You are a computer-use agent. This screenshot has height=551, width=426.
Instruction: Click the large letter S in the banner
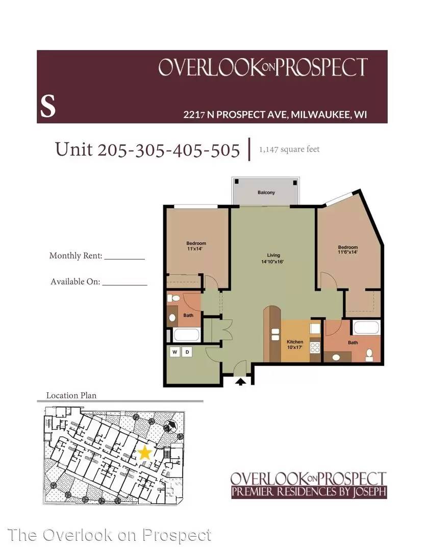pyautogui.click(x=47, y=107)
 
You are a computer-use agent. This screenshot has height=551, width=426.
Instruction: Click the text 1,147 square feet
pyautogui.click(x=289, y=149)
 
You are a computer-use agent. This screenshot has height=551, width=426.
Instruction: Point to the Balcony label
pyautogui.click(x=266, y=192)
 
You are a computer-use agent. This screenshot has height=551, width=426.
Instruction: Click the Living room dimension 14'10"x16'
pyautogui.click(x=273, y=261)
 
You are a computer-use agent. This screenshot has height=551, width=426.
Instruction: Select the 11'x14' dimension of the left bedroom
pyautogui.click(x=196, y=249)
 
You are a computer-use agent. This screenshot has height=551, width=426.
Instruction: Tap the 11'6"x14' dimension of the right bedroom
pyautogui.click(x=347, y=252)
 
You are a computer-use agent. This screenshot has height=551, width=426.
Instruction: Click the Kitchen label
pyautogui.click(x=295, y=342)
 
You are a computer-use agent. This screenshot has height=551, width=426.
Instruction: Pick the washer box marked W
pyautogui.click(x=174, y=352)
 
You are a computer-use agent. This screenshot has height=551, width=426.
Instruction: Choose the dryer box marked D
pyautogui.click(x=187, y=352)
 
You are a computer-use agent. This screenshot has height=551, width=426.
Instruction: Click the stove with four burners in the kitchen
pyautogui.click(x=315, y=347)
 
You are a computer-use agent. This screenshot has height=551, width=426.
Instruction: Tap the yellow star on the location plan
pyautogui.click(x=145, y=452)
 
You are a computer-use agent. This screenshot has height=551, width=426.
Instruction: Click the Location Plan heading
pyautogui.click(x=71, y=395)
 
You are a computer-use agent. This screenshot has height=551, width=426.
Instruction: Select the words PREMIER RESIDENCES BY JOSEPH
pyautogui.click(x=308, y=492)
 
